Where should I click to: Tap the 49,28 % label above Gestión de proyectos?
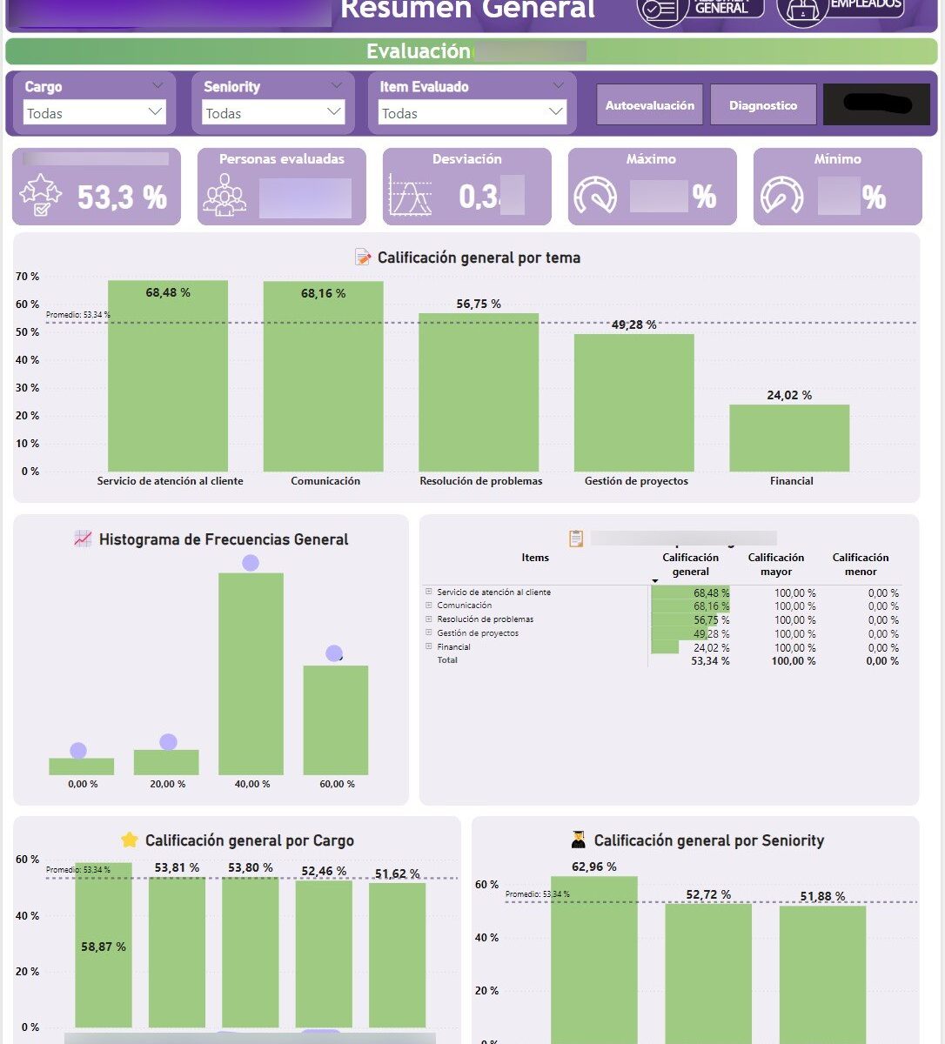(633, 325)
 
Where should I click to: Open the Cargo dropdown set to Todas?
(94, 112)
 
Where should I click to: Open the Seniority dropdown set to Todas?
(273, 112)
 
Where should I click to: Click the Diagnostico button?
(763, 105)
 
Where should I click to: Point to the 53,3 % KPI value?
(122, 197)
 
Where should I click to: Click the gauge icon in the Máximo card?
(596, 196)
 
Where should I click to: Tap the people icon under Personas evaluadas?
(225, 196)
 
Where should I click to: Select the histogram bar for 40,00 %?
(251, 673)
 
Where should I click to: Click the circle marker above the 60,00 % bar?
(334, 653)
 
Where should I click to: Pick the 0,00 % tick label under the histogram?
(83, 784)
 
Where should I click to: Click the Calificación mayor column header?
(776, 565)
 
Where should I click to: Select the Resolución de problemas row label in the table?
(485, 619)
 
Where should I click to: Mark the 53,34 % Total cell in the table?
(710, 661)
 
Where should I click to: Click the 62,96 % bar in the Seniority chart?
(594, 957)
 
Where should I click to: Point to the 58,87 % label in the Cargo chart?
(104, 947)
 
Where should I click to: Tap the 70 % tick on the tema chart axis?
(28, 277)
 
